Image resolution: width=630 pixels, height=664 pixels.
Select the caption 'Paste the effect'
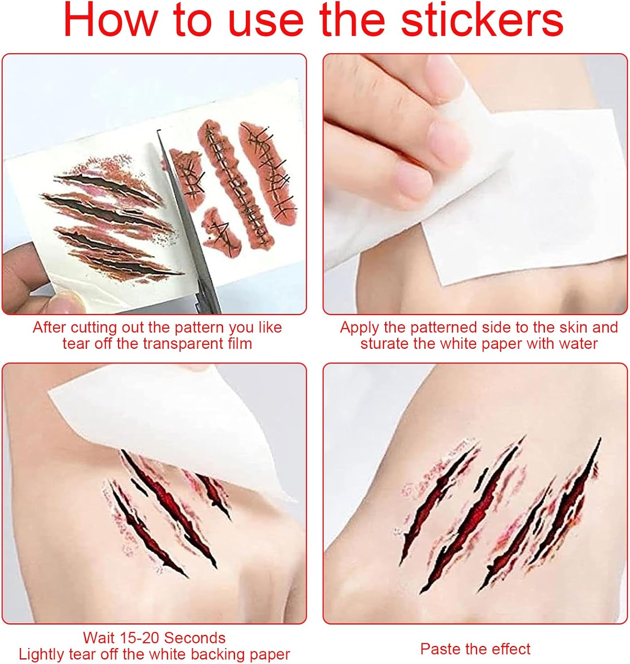click(x=475, y=649)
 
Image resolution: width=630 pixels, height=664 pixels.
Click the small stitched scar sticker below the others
click(x=221, y=230)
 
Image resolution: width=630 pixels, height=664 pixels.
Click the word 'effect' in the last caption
click(x=510, y=649)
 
